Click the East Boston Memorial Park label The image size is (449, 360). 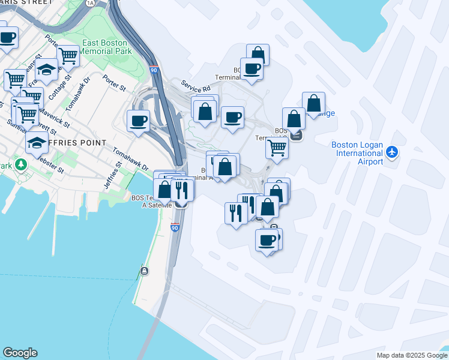[x=107, y=47]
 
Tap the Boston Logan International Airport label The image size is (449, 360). [x=358, y=154]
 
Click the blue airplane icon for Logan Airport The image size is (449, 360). [x=392, y=152]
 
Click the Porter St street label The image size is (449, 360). [x=113, y=83]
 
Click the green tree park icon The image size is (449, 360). [x=21, y=164]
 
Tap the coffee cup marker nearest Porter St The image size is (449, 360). [x=139, y=121]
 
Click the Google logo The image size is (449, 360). [x=20, y=353]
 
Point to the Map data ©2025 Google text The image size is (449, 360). [x=411, y=355]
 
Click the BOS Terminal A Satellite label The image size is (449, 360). [x=146, y=200]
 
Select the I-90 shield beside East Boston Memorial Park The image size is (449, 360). [x=154, y=70]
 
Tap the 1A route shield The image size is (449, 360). [x=90, y=3]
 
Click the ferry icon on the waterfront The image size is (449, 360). [x=145, y=271]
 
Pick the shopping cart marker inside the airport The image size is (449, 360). [x=277, y=146]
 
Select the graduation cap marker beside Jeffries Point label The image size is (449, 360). [x=37, y=143]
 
